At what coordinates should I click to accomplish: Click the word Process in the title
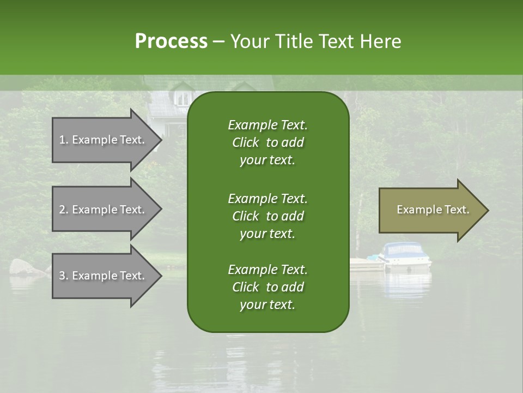click(171, 41)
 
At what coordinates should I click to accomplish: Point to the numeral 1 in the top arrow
click(62, 140)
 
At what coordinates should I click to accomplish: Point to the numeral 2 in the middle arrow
click(62, 210)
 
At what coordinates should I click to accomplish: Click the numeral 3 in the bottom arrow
click(62, 276)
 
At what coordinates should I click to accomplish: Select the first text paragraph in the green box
click(267, 142)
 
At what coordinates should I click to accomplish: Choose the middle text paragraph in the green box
click(267, 216)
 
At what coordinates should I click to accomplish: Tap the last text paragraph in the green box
click(267, 287)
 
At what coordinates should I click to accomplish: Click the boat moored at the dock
click(406, 255)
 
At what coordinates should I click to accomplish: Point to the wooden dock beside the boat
click(366, 264)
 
